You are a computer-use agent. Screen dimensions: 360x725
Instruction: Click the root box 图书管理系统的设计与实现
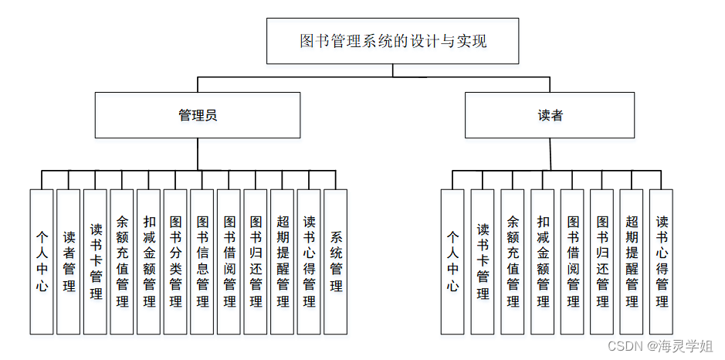(392, 41)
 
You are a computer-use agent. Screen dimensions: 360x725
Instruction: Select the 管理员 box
(198, 115)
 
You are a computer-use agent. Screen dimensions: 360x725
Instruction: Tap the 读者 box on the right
(550, 115)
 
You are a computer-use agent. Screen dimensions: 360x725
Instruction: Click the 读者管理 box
(69, 261)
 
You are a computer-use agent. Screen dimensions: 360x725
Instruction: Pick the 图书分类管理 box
(175, 261)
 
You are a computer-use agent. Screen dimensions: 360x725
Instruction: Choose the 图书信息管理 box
(202, 261)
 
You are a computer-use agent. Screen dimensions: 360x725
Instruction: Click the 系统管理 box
(336, 261)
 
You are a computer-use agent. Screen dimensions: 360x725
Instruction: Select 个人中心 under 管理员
(42, 261)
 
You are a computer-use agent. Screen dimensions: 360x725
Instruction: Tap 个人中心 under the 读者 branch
(452, 261)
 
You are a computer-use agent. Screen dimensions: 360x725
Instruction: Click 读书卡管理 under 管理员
(96, 261)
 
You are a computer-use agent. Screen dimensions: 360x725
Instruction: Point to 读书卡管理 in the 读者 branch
(483, 261)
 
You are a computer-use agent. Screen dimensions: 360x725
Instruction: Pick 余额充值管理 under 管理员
(122, 261)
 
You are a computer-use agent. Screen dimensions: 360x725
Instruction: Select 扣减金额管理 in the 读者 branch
(543, 261)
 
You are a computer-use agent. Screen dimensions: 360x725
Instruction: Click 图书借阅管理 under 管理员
(229, 261)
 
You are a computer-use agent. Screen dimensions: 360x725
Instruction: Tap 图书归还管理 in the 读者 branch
(602, 261)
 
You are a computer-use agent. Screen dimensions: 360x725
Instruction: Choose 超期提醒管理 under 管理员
(283, 261)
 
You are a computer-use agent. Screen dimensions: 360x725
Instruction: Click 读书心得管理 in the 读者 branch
(662, 261)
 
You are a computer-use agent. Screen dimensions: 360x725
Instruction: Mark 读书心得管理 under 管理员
(309, 261)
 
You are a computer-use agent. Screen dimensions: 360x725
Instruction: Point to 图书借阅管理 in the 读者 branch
(572, 261)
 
